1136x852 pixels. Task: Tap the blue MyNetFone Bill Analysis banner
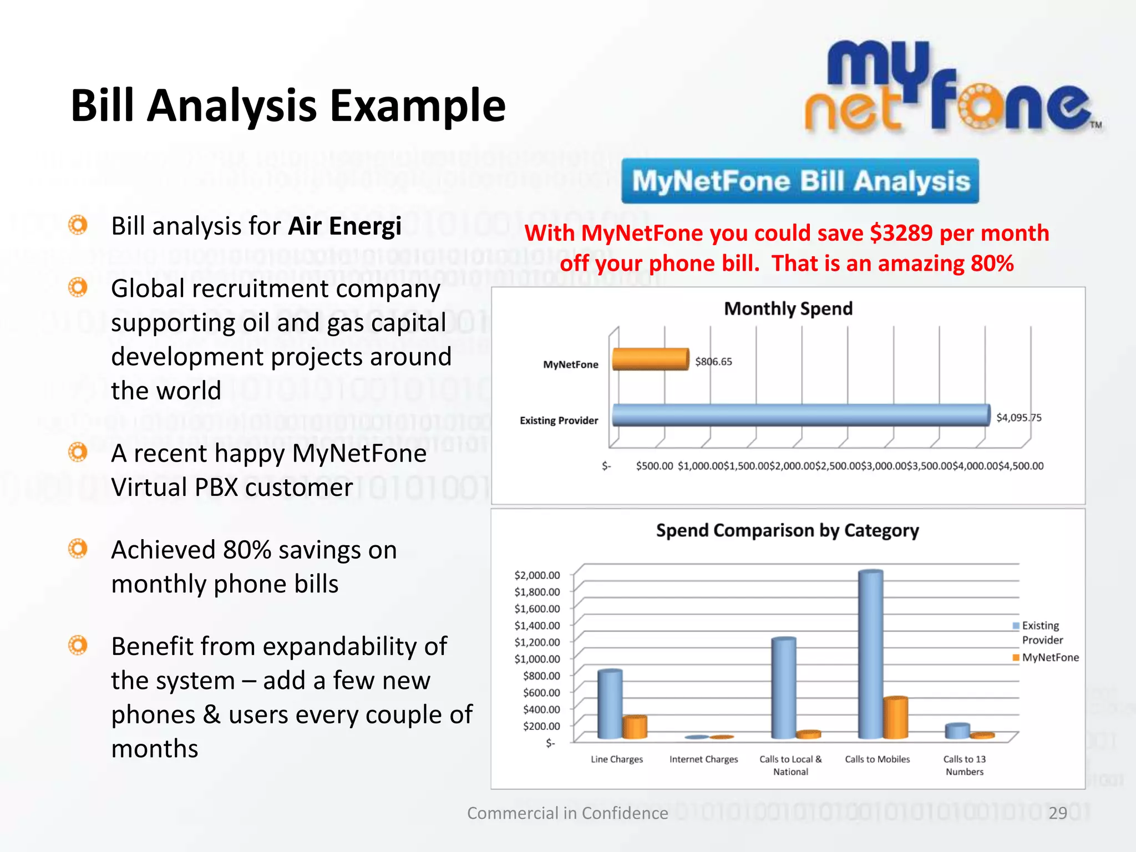coord(800,181)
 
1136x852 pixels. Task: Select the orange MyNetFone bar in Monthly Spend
coord(650,359)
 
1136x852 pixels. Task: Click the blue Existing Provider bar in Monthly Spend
coord(800,415)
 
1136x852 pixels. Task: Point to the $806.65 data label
coord(713,362)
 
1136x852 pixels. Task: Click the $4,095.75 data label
coord(1018,418)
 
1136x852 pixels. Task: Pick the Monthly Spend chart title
coord(788,308)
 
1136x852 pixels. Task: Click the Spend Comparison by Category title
coord(787,530)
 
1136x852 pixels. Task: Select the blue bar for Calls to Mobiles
coord(870,655)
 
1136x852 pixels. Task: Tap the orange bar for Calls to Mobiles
coord(895,718)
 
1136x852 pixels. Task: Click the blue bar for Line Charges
coord(610,704)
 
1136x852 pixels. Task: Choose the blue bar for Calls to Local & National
coord(783,688)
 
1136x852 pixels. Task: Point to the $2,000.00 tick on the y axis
coord(537,575)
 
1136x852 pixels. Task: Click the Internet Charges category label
coord(703,759)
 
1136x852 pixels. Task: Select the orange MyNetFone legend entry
coord(1046,657)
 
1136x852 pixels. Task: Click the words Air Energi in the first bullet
coord(344,226)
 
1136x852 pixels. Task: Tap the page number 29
coord(1058,813)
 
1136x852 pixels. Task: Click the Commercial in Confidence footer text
coord(567,813)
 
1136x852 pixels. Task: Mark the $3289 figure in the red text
coord(901,234)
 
